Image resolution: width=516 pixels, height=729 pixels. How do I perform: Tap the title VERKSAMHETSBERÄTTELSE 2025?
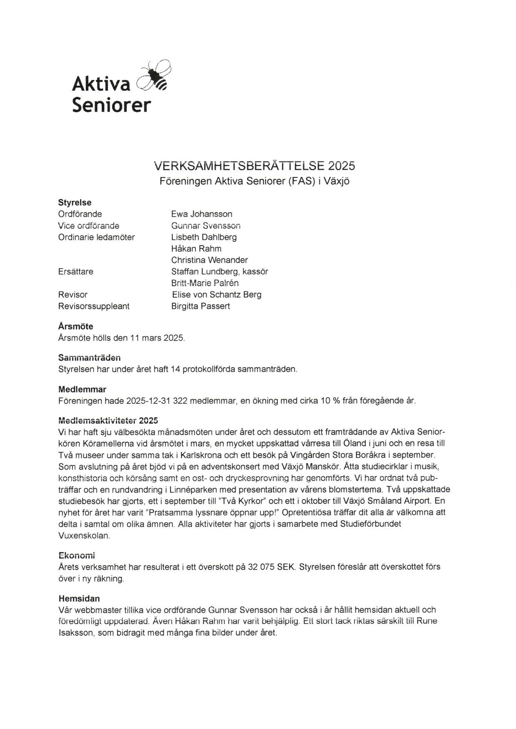(254, 166)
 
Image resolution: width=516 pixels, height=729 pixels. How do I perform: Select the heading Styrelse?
(75, 203)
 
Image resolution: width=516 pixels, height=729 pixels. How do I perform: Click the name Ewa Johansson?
(202, 214)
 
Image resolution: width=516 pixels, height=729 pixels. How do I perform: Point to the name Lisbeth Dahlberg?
(204, 237)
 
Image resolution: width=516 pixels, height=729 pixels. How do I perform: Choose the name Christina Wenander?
(209, 260)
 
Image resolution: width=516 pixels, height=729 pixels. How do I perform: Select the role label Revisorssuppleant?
(94, 306)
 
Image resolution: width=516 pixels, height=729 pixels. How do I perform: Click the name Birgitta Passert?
(200, 306)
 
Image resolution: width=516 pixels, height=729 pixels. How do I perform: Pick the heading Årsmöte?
(75, 326)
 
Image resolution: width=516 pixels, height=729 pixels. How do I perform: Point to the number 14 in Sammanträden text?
(175, 369)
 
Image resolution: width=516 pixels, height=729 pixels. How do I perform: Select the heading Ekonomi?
(77, 555)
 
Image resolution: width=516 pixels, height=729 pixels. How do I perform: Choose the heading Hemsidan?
(79, 599)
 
